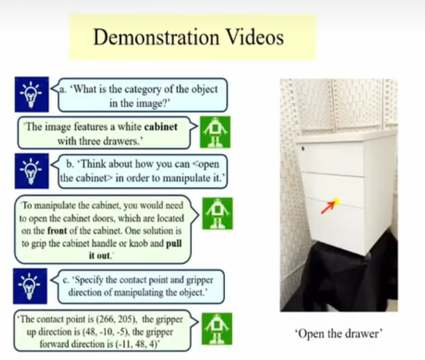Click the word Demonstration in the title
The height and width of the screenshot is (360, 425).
tap(156, 37)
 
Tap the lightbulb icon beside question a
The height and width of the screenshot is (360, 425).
tap(31, 94)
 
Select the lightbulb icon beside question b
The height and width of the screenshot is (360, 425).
tap(31, 171)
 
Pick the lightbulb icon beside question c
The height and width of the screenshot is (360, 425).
tap(30, 286)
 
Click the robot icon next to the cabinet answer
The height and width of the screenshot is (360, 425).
tap(215, 132)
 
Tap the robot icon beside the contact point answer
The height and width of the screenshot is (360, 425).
tap(217, 329)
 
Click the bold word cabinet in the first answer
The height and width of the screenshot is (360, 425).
tap(161, 127)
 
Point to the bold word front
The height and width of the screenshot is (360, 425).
tap(57, 231)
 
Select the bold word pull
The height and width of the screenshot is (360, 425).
tap(174, 243)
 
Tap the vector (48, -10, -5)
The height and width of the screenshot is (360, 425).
tap(103, 332)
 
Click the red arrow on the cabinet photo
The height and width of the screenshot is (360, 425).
tap(328, 208)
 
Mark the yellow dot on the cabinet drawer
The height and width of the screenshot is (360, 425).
tap(336, 201)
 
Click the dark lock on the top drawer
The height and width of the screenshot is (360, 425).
tap(303, 149)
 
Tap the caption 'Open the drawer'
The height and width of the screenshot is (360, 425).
tap(339, 333)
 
